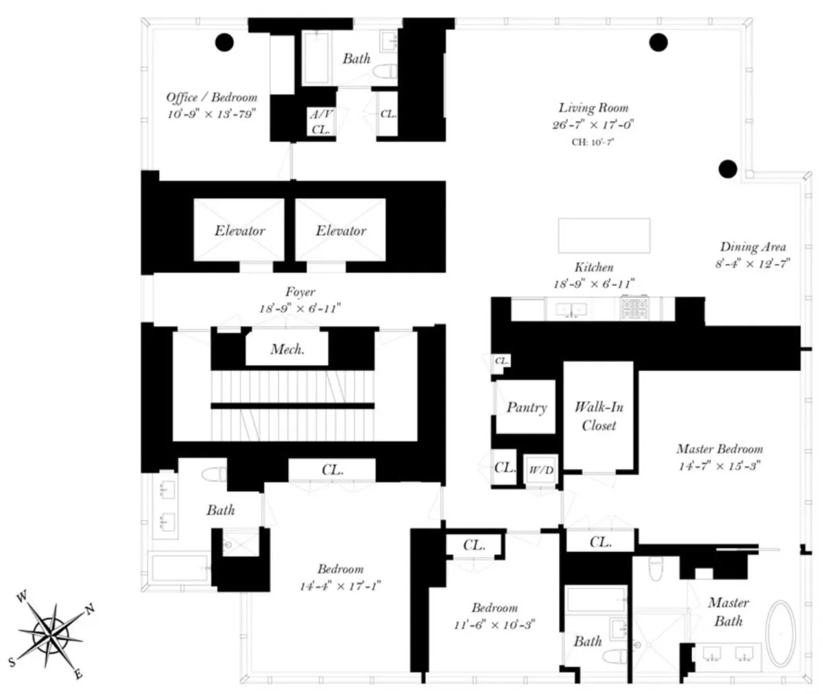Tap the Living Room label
coord(593,108)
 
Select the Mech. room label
coord(287,350)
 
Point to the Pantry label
coord(526,407)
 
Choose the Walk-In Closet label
coord(599,416)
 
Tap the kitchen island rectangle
coord(604,236)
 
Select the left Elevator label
coord(239,230)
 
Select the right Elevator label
coord(340,230)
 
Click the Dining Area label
coord(752,247)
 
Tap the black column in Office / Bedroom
coord(224,43)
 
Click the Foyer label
coord(300,292)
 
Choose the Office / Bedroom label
coord(211,97)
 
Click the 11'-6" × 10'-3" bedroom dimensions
coord(494,624)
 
